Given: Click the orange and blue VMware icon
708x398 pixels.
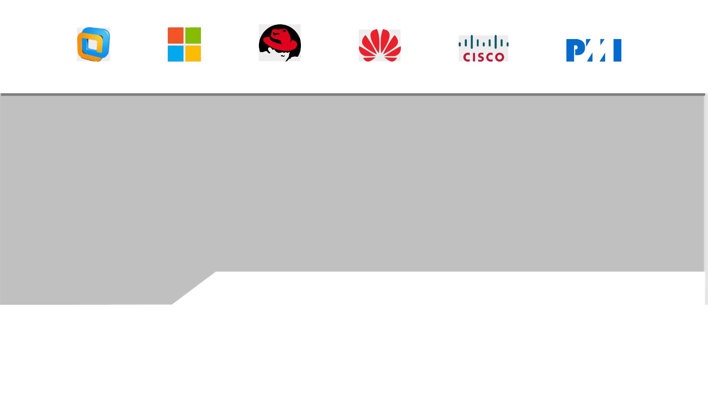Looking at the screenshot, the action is pyautogui.click(x=93, y=44).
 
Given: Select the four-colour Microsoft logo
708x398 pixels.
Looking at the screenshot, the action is pyautogui.click(x=184, y=44).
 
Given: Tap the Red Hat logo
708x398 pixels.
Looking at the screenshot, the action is pyautogui.click(x=280, y=43).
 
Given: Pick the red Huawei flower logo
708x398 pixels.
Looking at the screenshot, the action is pyautogui.click(x=379, y=45).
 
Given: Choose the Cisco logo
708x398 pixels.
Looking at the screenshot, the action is pyautogui.click(x=483, y=48).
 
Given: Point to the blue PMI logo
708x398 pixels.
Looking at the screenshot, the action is pyautogui.click(x=594, y=50).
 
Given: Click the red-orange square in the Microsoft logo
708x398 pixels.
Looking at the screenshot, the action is pyautogui.click(x=176, y=36).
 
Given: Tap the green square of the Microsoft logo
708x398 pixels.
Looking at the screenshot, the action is pyautogui.click(x=193, y=36).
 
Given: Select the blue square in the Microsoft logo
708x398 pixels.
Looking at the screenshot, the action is pyautogui.click(x=176, y=53).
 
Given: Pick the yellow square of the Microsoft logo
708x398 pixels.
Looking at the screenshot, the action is pyautogui.click(x=193, y=53).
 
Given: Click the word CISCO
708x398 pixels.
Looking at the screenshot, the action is pyautogui.click(x=484, y=57).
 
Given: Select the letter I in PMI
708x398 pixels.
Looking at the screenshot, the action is pyautogui.click(x=618, y=50).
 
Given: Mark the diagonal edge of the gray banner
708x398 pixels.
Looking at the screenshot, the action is pyautogui.click(x=194, y=288).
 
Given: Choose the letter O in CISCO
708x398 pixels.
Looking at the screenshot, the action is pyautogui.click(x=500, y=57).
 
